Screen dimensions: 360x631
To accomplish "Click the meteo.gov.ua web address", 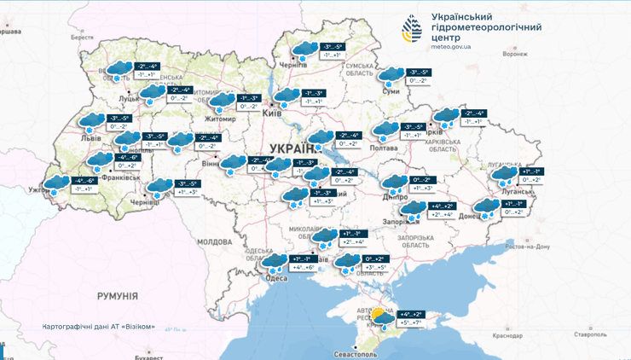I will pyautogui.click(x=451, y=47).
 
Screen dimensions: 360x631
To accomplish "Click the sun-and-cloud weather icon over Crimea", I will pyautogui.click(x=380, y=319).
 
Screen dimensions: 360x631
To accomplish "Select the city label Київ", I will pyautogui.click(x=273, y=113).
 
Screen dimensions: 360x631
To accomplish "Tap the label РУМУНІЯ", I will pyautogui.click(x=117, y=295).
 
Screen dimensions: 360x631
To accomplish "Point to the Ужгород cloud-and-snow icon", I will pyautogui.click(x=58, y=185).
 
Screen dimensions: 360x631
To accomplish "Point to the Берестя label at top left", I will pyautogui.click(x=82, y=38).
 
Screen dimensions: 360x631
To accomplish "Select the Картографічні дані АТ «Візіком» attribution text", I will pyautogui.click(x=99, y=327).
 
